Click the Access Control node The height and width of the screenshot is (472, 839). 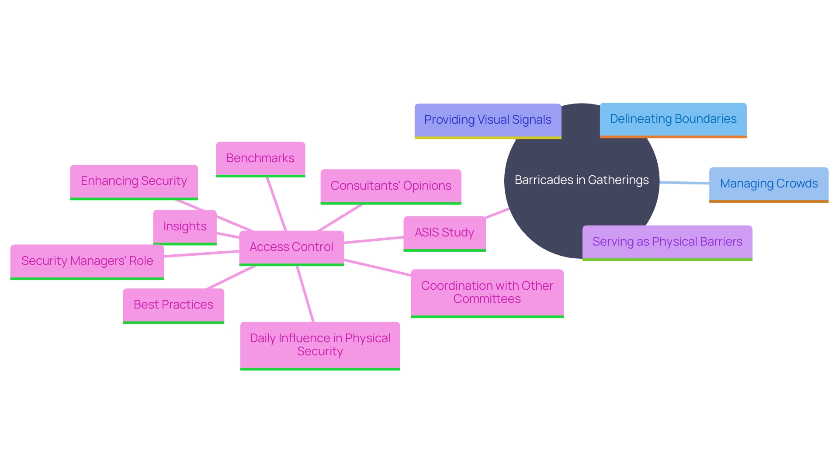coord(291,247)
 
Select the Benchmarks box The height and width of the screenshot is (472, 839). coord(260,158)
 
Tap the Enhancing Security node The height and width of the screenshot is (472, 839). coord(134,181)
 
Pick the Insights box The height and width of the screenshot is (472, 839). coord(185,226)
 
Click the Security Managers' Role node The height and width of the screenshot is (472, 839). coord(87,261)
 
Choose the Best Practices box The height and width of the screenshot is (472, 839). coord(173,305)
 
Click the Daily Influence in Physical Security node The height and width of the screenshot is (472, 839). coord(320,345)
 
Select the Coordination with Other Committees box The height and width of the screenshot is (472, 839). coord(487,292)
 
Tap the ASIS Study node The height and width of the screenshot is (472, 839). coord(444,233)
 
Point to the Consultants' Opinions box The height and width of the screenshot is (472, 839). coord(391,186)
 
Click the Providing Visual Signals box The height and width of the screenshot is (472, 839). coord(488,120)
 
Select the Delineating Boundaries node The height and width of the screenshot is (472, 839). coord(673,119)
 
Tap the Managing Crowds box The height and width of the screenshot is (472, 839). coord(769,184)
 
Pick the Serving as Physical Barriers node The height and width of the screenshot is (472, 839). coord(667,242)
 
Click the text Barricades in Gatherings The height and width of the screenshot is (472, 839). coord(582,180)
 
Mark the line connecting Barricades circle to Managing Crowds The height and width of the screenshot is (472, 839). coord(684,183)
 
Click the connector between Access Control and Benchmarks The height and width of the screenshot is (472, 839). coord(277,204)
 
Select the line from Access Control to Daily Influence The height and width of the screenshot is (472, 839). coord(305,294)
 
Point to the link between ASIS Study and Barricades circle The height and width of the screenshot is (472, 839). coord(497,213)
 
